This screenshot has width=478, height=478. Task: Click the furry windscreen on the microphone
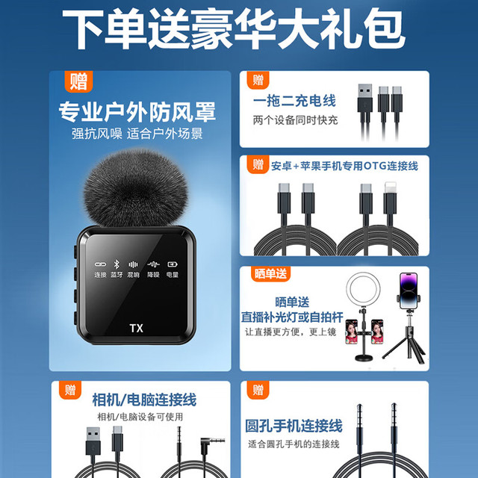pos(136,188)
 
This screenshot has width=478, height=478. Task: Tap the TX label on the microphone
pos(136,329)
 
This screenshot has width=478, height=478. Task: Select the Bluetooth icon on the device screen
pos(117,264)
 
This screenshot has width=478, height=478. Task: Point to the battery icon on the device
pos(173,264)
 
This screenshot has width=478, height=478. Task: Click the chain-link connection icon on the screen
pos(100,264)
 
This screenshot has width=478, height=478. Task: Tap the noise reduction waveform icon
pos(153,264)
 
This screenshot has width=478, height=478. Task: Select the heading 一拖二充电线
pos(294,101)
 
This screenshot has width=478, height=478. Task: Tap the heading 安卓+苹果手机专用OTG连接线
pos(344,166)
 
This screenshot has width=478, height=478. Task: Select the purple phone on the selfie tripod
pos(409,291)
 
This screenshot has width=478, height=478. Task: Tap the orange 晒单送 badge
pos(270,274)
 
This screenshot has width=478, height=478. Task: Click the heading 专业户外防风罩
pos(137,112)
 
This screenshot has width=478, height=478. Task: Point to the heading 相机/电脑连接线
pos(144,400)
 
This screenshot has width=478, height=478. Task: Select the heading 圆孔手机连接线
pos(294,426)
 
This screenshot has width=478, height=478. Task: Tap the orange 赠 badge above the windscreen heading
pos(78,81)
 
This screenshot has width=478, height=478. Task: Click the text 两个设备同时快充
pos(295,120)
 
